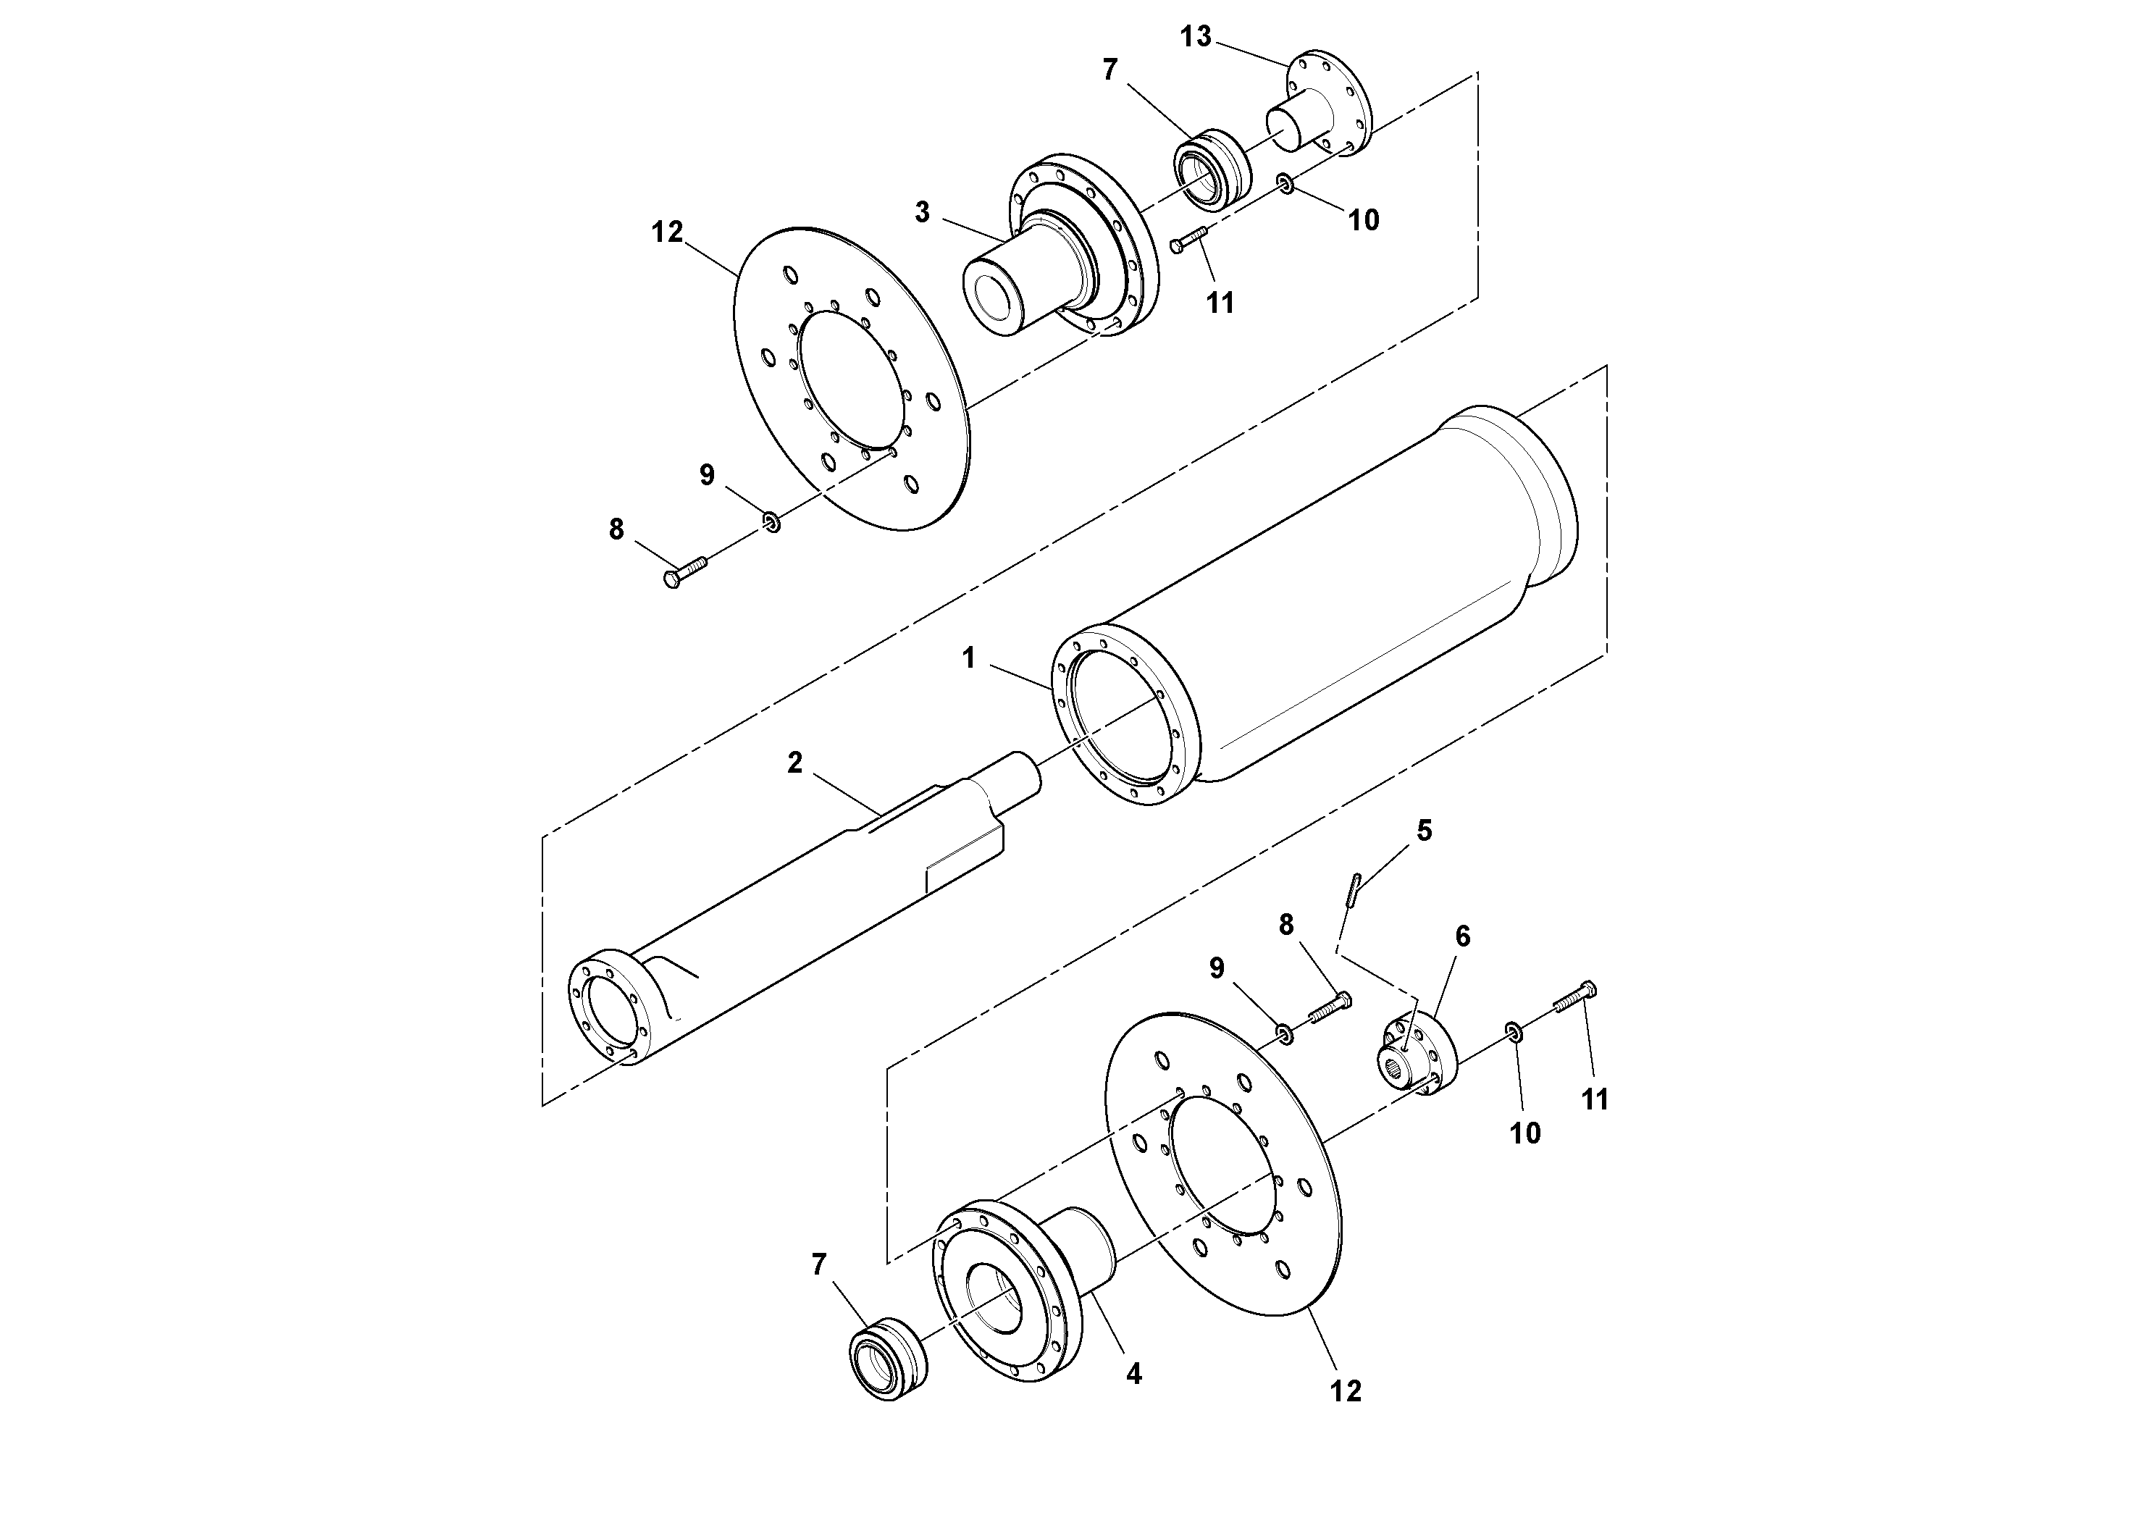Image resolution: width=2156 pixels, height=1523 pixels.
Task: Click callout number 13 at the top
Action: (x=1196, y=37)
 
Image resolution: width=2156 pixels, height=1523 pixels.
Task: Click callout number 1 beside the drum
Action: (x=969, y=658)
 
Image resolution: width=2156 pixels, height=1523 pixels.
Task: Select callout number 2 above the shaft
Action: (x=794, y=763)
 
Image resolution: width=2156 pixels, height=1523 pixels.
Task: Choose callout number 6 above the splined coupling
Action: (x=1462, y=936)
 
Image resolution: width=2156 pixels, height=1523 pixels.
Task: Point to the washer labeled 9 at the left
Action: (x=771, y=521)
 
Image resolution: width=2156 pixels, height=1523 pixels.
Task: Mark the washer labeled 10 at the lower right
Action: (x=1514, y=1032)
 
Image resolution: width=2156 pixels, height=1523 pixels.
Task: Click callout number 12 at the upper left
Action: (x=667, y=231)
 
